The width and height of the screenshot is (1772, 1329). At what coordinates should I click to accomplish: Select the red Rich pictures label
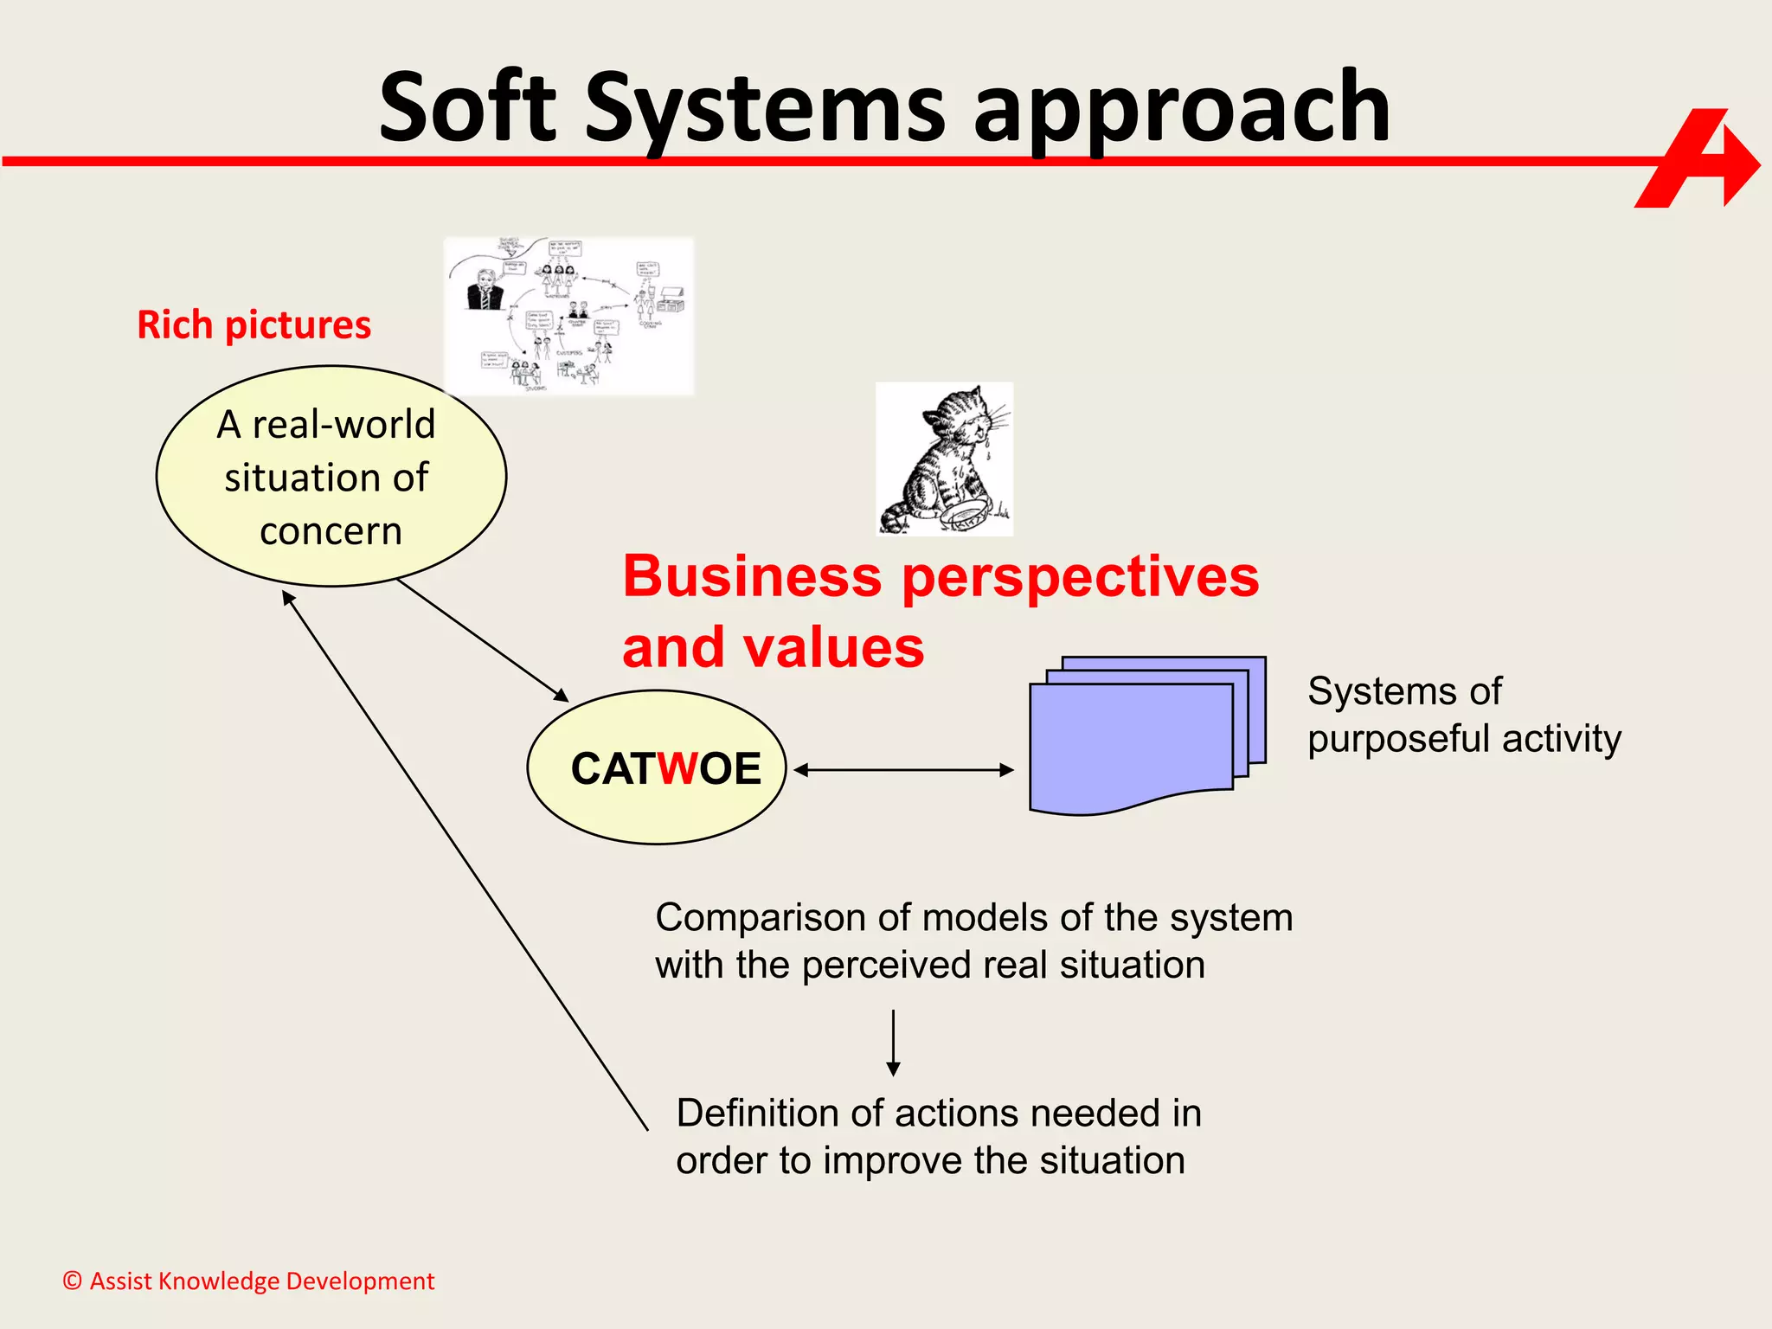tap(254, 325)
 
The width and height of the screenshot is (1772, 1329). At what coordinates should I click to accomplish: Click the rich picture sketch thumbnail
tap(568, 316)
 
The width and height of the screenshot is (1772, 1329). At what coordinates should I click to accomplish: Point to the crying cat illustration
tap(944, 459)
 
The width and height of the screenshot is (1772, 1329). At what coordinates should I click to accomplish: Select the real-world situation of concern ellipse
tap(331, 477)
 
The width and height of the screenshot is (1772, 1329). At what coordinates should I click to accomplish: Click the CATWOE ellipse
tap(657, 767)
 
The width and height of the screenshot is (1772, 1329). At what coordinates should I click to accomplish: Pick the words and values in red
tap(773, 648)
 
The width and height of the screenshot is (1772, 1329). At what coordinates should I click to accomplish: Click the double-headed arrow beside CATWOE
tap(903, 769)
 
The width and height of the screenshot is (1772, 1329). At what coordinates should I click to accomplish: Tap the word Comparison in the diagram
tap(761, 918)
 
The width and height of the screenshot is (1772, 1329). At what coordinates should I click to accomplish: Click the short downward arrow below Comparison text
tap(893, 1042)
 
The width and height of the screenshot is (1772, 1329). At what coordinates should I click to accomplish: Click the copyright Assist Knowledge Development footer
tap(248, 1281)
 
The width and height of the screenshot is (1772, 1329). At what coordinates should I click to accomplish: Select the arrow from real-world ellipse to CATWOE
tap(482, 640)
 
